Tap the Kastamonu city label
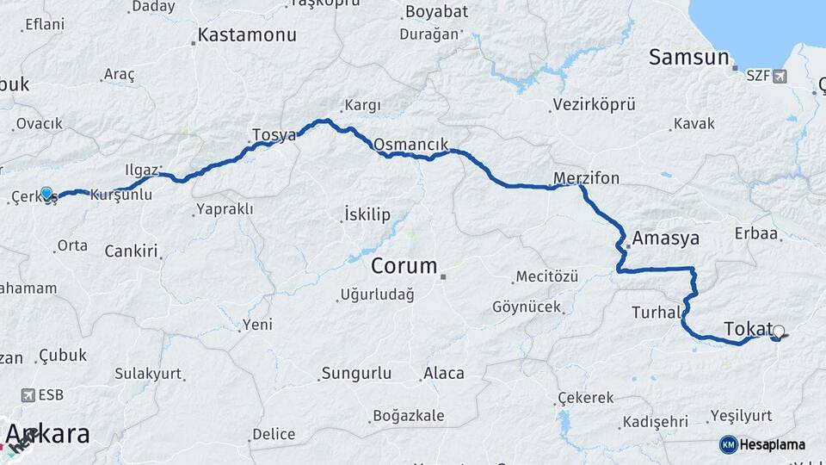coord(247,35)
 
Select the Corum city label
coord(404,266)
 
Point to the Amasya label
coord(665,238)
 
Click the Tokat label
coord(748,329)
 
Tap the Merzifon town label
coord(586,178)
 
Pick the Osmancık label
coord(411,143)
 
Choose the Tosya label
coord(274,135)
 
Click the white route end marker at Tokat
coord(779,331)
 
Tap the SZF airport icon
coord(780,77)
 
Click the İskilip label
coord(367,214)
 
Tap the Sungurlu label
coord(356,374)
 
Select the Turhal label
coord(656,312)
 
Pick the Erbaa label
coord(756,233)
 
